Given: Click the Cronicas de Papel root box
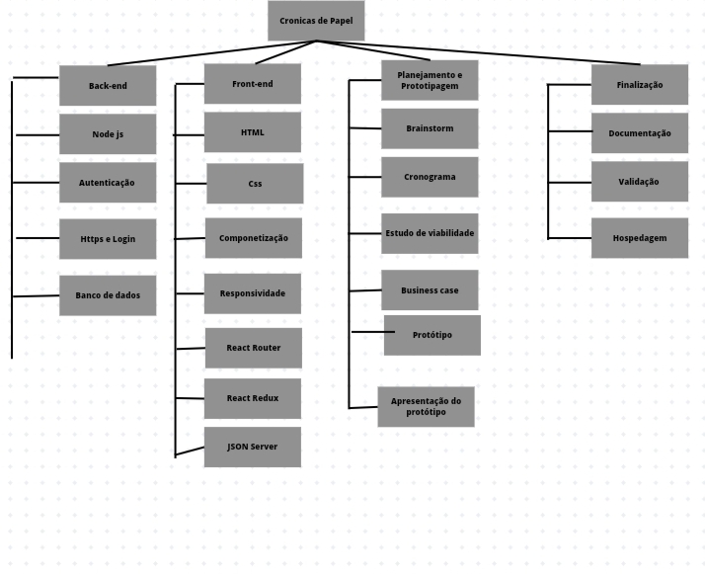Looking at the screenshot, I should pos(316,21).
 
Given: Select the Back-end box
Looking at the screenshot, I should pos(108,86).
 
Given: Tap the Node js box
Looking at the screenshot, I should pos(108,134).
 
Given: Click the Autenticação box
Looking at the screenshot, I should pos(108,183).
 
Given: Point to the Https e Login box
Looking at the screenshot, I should pos(108,239).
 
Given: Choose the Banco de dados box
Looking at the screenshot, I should pos(108,295).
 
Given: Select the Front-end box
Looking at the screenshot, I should pos(253,84).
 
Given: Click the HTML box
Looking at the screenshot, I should pos(253,132).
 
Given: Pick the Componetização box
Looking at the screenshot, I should pos(254,238).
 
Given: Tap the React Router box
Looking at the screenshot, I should pos(253,348).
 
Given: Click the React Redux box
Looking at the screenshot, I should pos(253,398).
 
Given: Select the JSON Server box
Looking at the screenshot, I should pos(253,447).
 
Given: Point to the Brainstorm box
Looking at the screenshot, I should pos(430,128).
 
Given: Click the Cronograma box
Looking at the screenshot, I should pos(430,177).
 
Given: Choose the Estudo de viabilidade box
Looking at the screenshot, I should pos(430,234).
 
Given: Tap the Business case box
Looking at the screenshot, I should pos(430,290).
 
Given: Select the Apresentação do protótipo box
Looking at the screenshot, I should pos(426,407).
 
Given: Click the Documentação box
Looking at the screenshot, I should pos(640,133).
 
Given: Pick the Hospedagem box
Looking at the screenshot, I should pos(640,238).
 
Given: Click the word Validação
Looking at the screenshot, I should pos(639,182).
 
